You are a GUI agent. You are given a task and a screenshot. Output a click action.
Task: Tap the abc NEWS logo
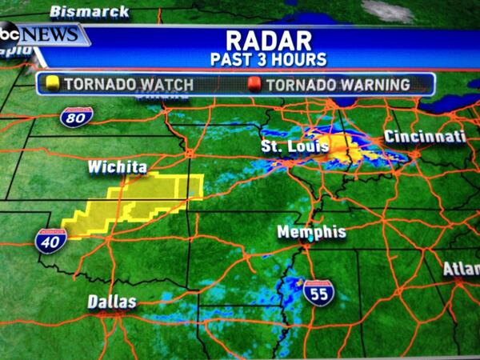[x=40, y=35]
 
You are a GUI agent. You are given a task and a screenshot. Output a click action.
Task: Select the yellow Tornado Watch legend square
[x=54, y=84]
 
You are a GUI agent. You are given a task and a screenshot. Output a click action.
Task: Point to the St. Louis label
[x=290, y=146]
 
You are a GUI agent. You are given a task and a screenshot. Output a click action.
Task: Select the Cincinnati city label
[x=425, y=137]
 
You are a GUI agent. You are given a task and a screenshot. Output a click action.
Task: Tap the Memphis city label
[x=311, y=232]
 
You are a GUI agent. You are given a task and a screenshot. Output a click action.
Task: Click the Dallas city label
[x=112, y=302]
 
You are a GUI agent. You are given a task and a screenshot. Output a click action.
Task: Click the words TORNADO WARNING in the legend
[x=338, y=84]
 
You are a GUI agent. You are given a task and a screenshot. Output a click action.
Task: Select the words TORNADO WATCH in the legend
[x=117, y=84]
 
